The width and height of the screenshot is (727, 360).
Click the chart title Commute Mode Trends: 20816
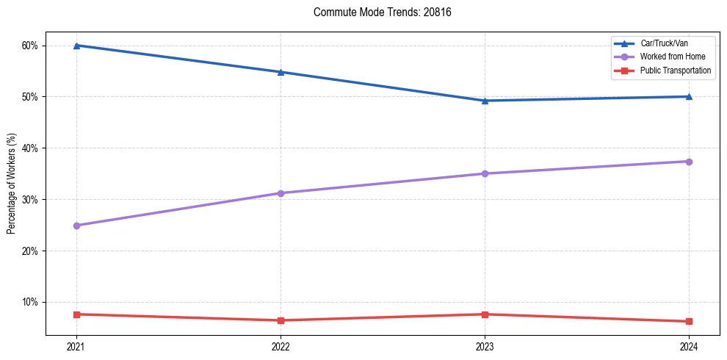coord(382,12)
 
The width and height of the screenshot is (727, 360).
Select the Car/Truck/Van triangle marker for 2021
coord(76,46)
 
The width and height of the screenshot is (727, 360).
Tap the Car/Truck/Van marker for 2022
coord(281,72)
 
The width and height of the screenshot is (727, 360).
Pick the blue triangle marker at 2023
coord(485,101)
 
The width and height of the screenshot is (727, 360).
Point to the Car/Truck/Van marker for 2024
coord(689,96)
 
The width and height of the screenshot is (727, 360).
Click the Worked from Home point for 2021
coord(76,226)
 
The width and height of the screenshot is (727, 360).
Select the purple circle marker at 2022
coord(281,193)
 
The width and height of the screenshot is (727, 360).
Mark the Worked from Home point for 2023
coord(485,173)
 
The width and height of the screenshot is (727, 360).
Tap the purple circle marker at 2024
coord(689,162)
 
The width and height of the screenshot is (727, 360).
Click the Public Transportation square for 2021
coord(76,314)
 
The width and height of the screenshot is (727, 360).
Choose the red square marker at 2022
coord(281,320)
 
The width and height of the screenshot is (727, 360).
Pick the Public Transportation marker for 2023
coord(485,314)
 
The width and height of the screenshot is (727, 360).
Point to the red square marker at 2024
coord(689,321)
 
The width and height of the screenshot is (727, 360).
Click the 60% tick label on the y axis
coord(30,46)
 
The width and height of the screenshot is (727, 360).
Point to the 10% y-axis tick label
coord(30,302)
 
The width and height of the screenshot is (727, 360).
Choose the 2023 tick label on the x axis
coord(485,346)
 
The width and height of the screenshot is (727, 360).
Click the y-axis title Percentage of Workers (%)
coord(12,184)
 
